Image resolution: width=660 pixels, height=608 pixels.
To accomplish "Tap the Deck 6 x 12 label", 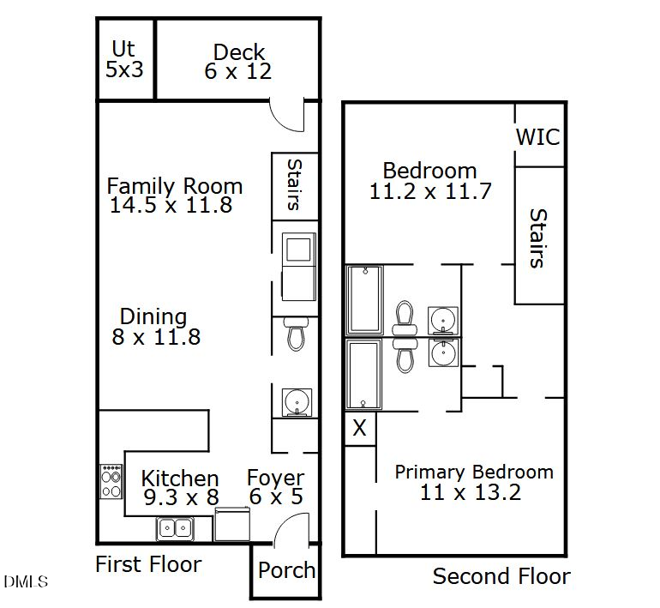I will click(x=238, y=62).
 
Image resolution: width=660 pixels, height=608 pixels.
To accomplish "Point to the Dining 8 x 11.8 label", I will click(x=155, y=327).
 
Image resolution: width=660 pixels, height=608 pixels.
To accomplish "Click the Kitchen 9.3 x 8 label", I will click(x=179, y=488).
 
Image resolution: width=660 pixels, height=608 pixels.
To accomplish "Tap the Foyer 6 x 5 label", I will click(x=275, y=488).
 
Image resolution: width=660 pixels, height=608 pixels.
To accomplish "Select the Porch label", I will click(x=286, y=571).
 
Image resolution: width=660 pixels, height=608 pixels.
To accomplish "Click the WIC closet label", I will click(x=537, y=137).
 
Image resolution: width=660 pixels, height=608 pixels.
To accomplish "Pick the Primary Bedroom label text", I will click(x=473, y=481).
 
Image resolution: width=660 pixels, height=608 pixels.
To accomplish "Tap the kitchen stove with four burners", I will click(x=111, y=482).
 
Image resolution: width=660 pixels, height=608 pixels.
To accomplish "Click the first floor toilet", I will click(x=296, y=334).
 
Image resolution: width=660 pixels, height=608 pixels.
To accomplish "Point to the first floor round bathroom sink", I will click(x=297, y=402).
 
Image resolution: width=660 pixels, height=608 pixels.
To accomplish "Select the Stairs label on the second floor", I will click(x=537, y=238).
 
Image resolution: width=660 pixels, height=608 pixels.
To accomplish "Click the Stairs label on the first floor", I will click(x=293, y=184).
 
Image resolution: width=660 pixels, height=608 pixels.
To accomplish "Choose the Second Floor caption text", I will click(x=501, y=576).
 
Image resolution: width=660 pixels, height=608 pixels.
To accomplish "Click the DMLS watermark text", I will click(x=26, y=582).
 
